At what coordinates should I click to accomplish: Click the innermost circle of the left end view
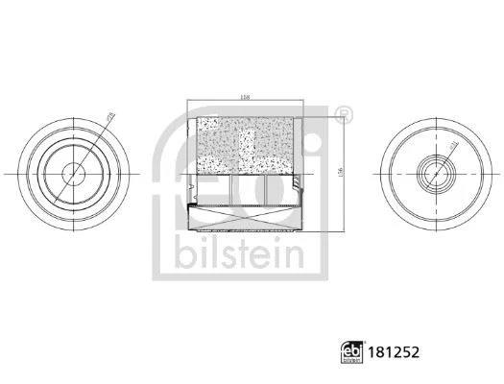coord(73,173)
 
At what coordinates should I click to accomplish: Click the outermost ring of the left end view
coord(27,173)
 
